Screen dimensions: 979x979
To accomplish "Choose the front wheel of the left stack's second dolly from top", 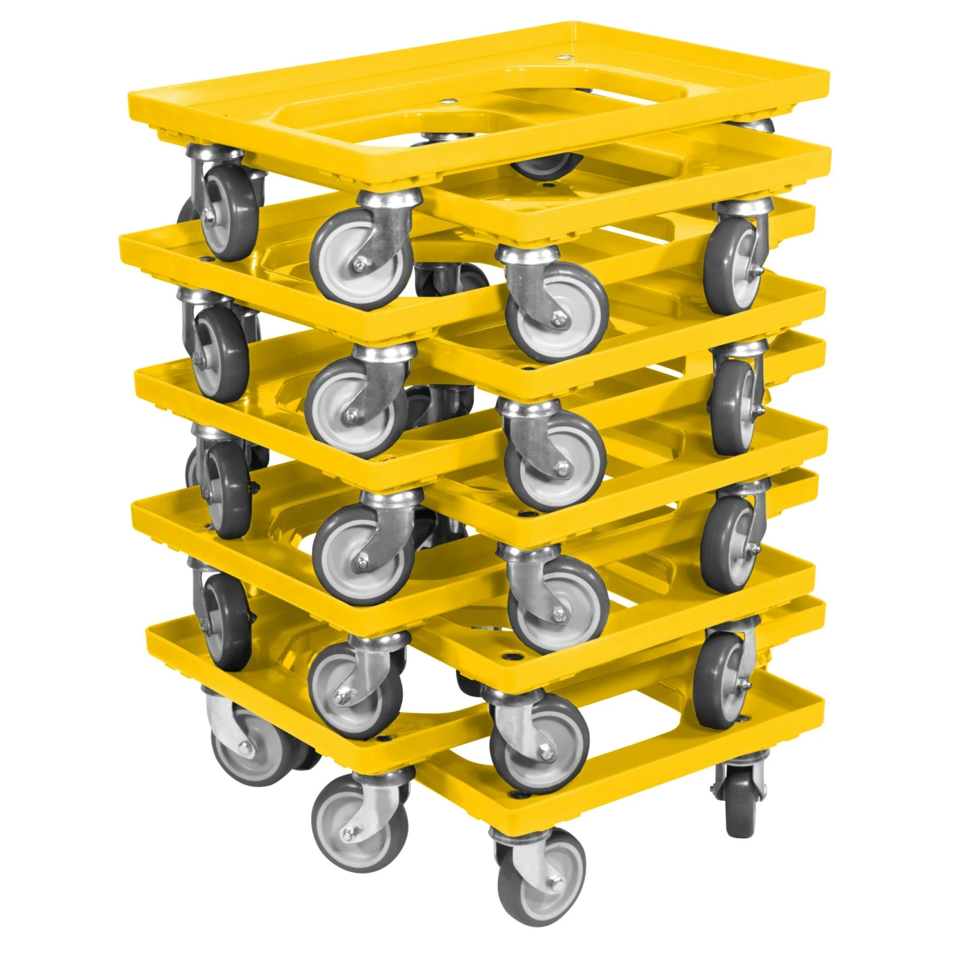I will pyautogui.click(x=352, y=405).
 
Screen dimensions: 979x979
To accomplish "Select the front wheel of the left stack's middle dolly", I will pyautogui.click(x=362, y=552).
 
